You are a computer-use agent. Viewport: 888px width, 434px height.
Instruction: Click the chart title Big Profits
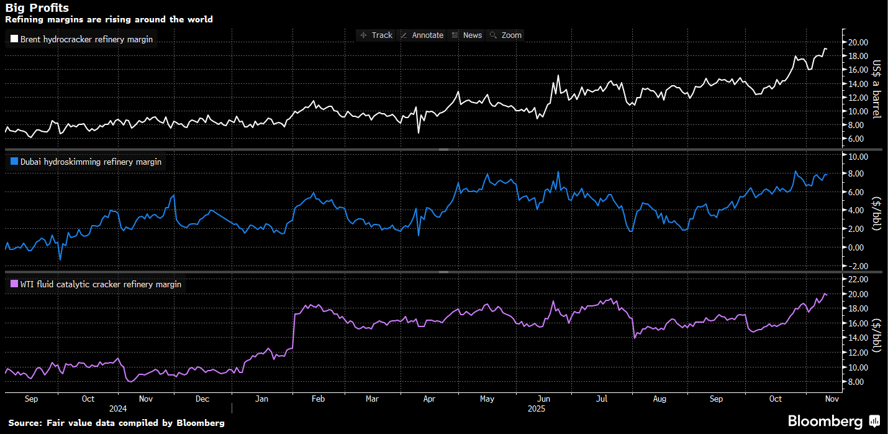click(37, 8)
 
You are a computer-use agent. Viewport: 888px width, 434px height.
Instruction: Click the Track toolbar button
click(376, 35)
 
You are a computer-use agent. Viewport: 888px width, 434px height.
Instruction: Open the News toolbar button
click(467, 35)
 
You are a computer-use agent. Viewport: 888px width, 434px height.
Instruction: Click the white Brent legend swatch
click(14, 40)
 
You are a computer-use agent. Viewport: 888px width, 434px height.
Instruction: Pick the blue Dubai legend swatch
click(14, 162)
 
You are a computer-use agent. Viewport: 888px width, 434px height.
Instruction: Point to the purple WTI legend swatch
click(14, 284)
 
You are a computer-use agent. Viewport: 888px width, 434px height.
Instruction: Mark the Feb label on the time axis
click(317, 399)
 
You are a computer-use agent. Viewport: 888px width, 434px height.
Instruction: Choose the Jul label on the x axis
click(602, 399)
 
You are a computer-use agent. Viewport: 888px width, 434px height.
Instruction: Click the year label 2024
click(117, 409)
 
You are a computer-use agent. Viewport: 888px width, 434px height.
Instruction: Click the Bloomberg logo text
click(825, 422)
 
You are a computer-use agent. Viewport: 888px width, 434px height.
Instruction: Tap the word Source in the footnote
click(24, 423)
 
